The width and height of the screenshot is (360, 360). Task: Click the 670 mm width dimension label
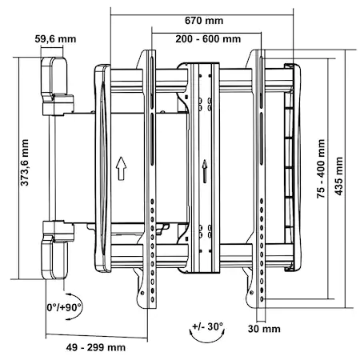tap(204, 21)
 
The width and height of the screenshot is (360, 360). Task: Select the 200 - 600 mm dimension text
tap(208, 39)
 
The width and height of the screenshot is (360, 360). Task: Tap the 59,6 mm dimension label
tap(55, 39)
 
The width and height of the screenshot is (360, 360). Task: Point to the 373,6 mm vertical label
tap(25, 162)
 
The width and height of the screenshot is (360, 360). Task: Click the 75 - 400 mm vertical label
tap(321, 168)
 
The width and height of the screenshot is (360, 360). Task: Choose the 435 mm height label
tap(338, 176)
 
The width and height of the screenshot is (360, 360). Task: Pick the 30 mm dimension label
tap(264, 329)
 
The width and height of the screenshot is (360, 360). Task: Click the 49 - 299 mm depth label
tap(96, 347)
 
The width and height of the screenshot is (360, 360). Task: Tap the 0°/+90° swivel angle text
tap(64, 307)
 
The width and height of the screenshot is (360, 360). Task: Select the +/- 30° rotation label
tap(207, 326)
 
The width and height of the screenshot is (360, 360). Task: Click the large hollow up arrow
tap(121, 169)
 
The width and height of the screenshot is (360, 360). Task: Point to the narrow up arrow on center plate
tap(205, 171)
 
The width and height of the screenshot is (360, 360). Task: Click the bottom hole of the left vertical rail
tap(153, 299)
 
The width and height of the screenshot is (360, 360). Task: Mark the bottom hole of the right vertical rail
tap(262, 299)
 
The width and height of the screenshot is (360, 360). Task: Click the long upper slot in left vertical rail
tap(151, 81)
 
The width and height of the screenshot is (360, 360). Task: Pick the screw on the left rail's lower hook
tap(142, 293)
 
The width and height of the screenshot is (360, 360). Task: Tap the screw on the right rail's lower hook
tap(251, 293)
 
